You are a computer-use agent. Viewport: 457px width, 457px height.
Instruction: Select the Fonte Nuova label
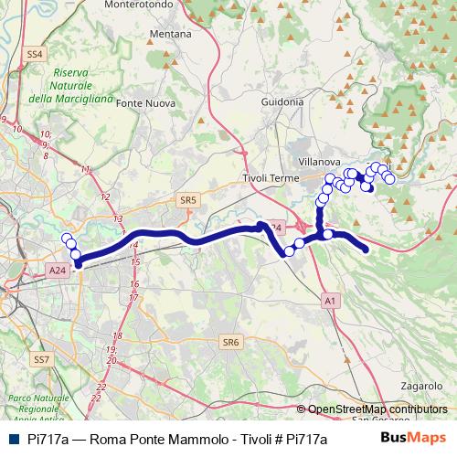pyautogui.click(x=146, y=102)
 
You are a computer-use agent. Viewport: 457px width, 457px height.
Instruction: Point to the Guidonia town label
pyautogui.click(x=282, y=101)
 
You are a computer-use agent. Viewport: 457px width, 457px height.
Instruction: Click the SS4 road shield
pyautogui.click(x=36, y=55)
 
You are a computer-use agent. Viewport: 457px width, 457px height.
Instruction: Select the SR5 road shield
pyautogui.click(x=188, y=199)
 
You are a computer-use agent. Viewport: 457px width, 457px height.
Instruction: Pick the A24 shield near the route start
pyautogui.click(x=58, y=271)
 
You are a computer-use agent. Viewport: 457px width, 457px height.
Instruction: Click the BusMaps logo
pyautogui.click(x=414, y=438)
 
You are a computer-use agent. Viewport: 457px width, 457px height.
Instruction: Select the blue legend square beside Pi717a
pyautogui.click(x=12, y=439)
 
